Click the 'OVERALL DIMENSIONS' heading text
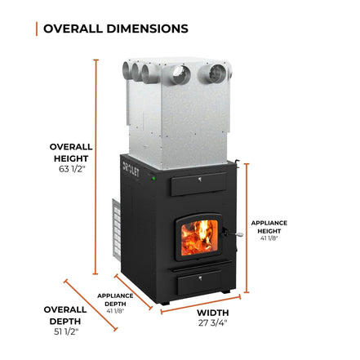pyautogui.click(x=116, y=29)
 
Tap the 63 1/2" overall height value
pyautogui.click(x=72, y=169)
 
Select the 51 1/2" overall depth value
pyautogui.click(x=66, y=331)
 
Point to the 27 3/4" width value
pyautogui.click(x=212, y=322)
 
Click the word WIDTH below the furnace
pyautogui.click(x=213, y=313)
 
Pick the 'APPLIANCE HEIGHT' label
pyautogui.click(x=269, y=227)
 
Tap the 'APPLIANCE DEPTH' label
pyautogui.click(x=115, y=300)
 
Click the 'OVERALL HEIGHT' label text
pyautogui.click(x=71, y=153)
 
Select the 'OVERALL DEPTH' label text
pyautogui.click(x=65, y=315)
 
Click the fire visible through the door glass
pyautogui.click(x=199, y=238)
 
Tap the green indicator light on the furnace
pyautogui.click(x=153, y=179)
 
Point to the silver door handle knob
pyautogui.click(x=239, y=234)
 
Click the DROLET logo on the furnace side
pyautogui.click(x=131, y=169)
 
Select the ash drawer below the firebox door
pyautogui.click(x=199, y=283)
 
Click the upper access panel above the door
pyautogui.click(x=198, y=184)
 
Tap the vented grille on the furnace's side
pyautogui.click(x=117, y=229)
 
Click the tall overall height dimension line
pyautogui.click(x=96, y=167)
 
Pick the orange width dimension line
pyautogui.click(x=201, y=304)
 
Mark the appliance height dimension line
pyautogui.click(x=247, y=228)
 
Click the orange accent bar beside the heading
pyautogui.click(x=37, y=29)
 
